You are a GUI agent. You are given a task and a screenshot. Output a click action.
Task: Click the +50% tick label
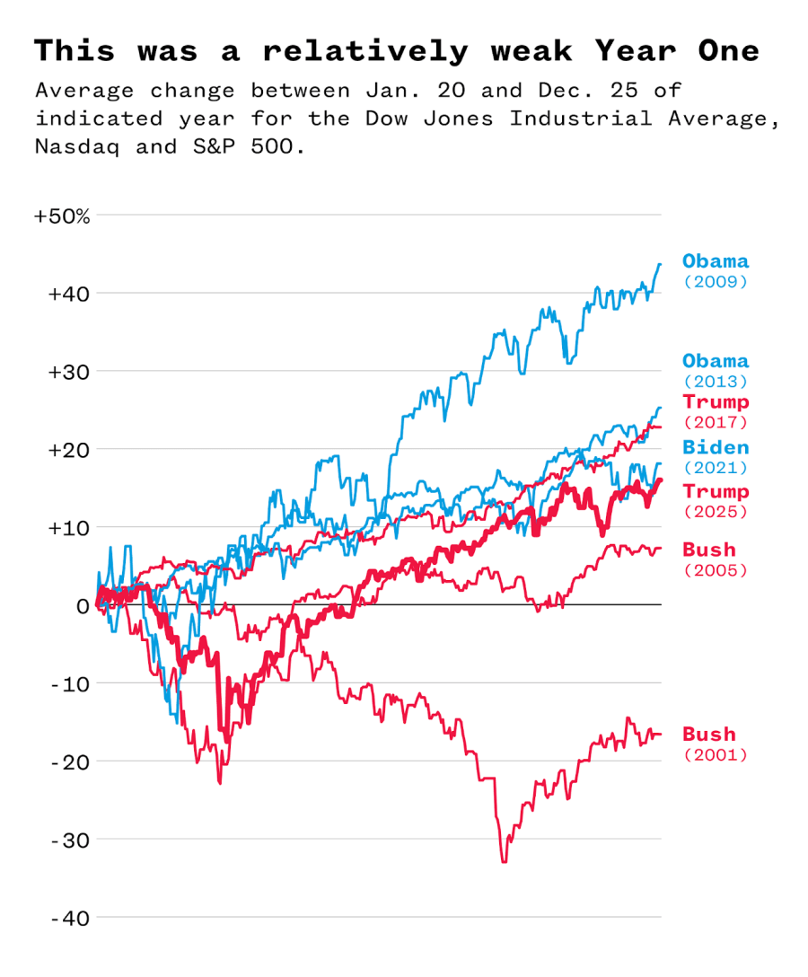(x=62, y=216)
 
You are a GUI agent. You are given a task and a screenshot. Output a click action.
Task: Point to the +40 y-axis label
(x=68, y=294)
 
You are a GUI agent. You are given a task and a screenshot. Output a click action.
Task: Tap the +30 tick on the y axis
(x=68, y=372)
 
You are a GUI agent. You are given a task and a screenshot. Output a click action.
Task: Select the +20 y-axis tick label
(x=68, y=450)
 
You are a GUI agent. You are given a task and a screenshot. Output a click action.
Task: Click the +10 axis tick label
(x=68, y=528)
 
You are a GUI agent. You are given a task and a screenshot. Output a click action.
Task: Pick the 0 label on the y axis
(x=83, y=606)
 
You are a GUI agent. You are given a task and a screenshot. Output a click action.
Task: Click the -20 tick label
(x=70, y=762)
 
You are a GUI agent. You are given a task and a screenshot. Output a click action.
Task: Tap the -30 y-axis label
(x=70, y=841)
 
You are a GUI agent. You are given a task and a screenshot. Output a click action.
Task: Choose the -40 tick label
(x=70, y=919)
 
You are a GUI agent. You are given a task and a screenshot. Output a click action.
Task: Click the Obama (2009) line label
(x=715, y=270)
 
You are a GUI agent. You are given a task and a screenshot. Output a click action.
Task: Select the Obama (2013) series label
(x=715, y=370)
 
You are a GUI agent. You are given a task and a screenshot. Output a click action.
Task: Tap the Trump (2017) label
(x=715, y=410)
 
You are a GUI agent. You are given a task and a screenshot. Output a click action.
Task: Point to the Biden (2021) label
(x=715, y=456)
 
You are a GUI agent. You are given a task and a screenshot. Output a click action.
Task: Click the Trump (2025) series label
(x=715, y=500)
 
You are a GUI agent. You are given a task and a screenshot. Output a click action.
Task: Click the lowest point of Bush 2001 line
(x=504, y=862)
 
